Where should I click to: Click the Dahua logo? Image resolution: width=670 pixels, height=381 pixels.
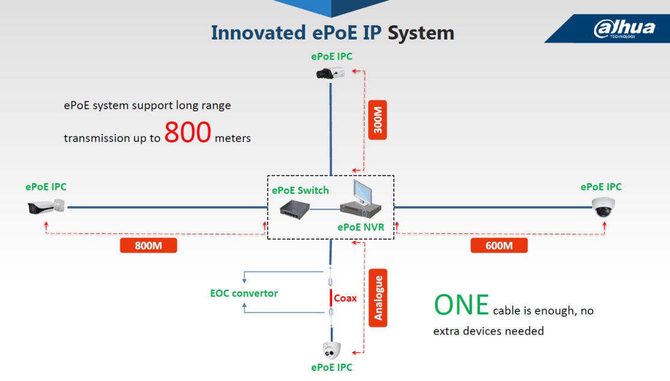pyautogui.click(x=624, y=29)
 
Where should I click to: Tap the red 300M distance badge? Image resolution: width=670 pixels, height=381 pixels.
pyautogui.click(x=377, y=120)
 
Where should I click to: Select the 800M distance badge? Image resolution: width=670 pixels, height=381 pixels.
pyautogui.click(x=149, y=246)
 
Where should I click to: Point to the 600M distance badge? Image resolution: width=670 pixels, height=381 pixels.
pyautogui.click(x=499, y=246)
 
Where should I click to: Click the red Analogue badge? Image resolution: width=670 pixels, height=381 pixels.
pyautogui.click(x=378, y=297)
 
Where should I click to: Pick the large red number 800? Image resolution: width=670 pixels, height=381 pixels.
pyautogui.click(x=188, y=132)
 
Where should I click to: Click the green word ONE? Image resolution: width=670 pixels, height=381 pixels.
pyautogui.click(x=461, y=305)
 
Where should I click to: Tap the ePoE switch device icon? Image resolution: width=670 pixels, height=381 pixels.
pyautogui.click(x=295, y=209)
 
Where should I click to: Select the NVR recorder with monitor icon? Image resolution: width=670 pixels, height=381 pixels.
pyautogui.click(x=361, y=200)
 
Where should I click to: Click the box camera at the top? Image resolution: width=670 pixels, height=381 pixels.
pyautogui.click(x=330, y=73)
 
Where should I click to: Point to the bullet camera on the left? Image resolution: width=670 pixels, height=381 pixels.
pyautogui.click(x=46, y=207)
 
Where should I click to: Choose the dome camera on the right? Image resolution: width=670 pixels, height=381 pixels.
pyautogui.click(x=603, y=207)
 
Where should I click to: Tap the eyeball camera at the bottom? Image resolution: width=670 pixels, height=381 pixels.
pyautogui.click(x=331, y=351)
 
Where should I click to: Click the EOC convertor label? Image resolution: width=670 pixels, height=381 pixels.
pyautogui.click(x=244, y=293)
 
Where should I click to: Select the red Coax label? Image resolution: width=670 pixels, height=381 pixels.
pyautogui.click(x=345, y=298)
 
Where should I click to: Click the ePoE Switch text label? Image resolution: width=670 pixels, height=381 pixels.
pyautogui.click(x=300, y=190)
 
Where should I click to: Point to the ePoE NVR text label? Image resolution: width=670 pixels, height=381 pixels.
pyautogui.click(x=361, y=227)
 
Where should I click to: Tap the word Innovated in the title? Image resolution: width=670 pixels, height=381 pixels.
pyautogui.click(x=259, y=33)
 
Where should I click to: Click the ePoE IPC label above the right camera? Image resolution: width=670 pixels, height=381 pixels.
pyautogui.click(x=601, y=187)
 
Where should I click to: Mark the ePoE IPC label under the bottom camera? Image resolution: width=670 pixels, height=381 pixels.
pyautogui.click(x=331, y=367)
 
